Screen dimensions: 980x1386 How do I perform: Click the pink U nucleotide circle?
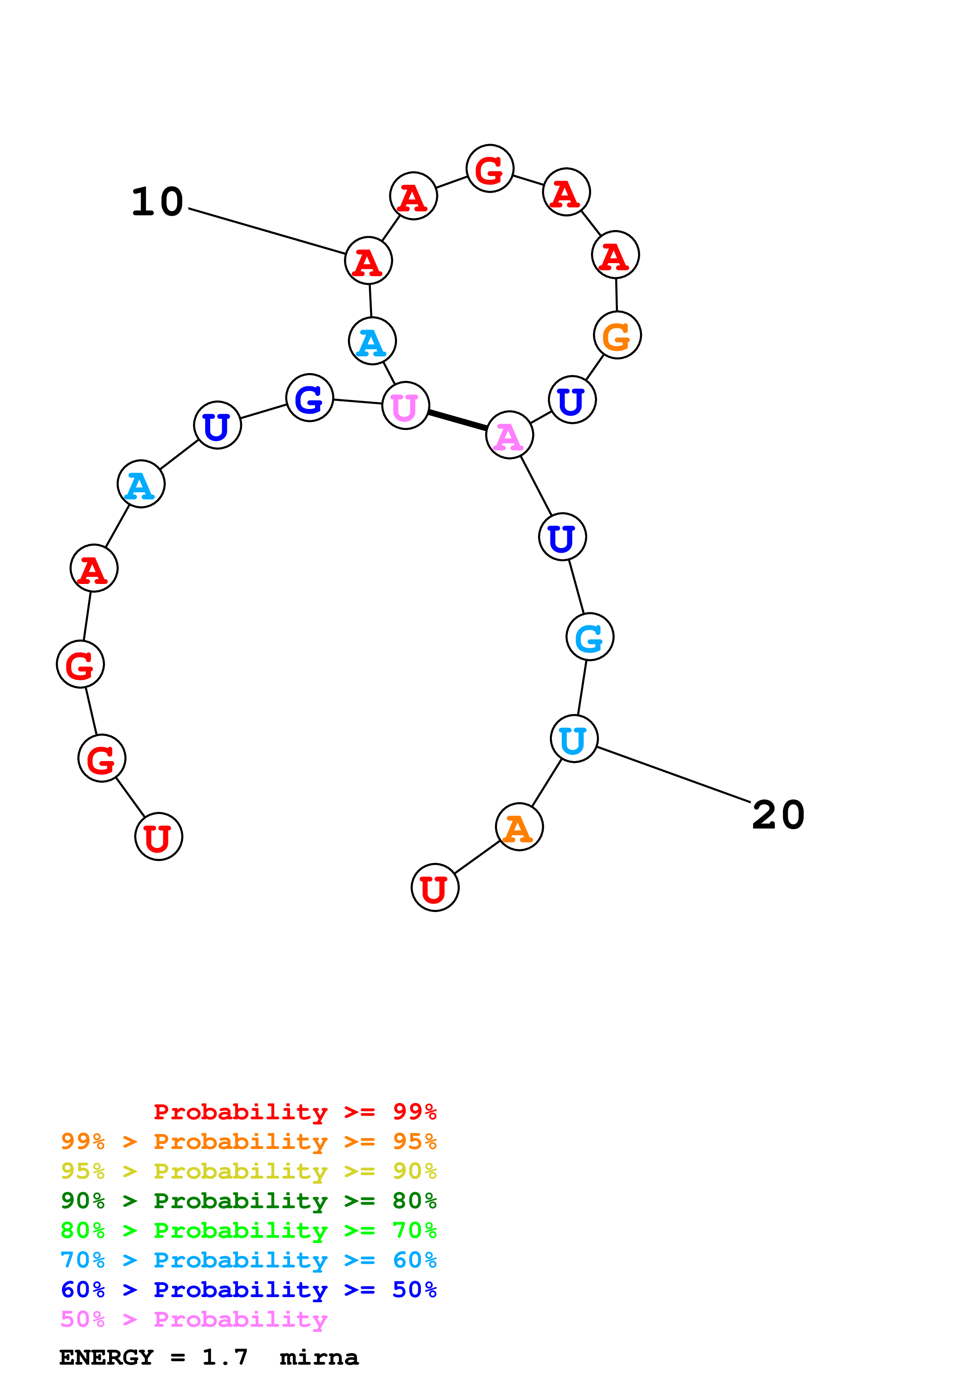[405, 406]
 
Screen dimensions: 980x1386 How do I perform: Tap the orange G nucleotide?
[617, 335]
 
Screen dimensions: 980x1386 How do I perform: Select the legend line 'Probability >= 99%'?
[295, 1111]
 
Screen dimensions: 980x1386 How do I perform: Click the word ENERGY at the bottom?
[106, 1357]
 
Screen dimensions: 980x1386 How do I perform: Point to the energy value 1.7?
[225, 1357]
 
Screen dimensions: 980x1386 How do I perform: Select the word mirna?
[319, 1357]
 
